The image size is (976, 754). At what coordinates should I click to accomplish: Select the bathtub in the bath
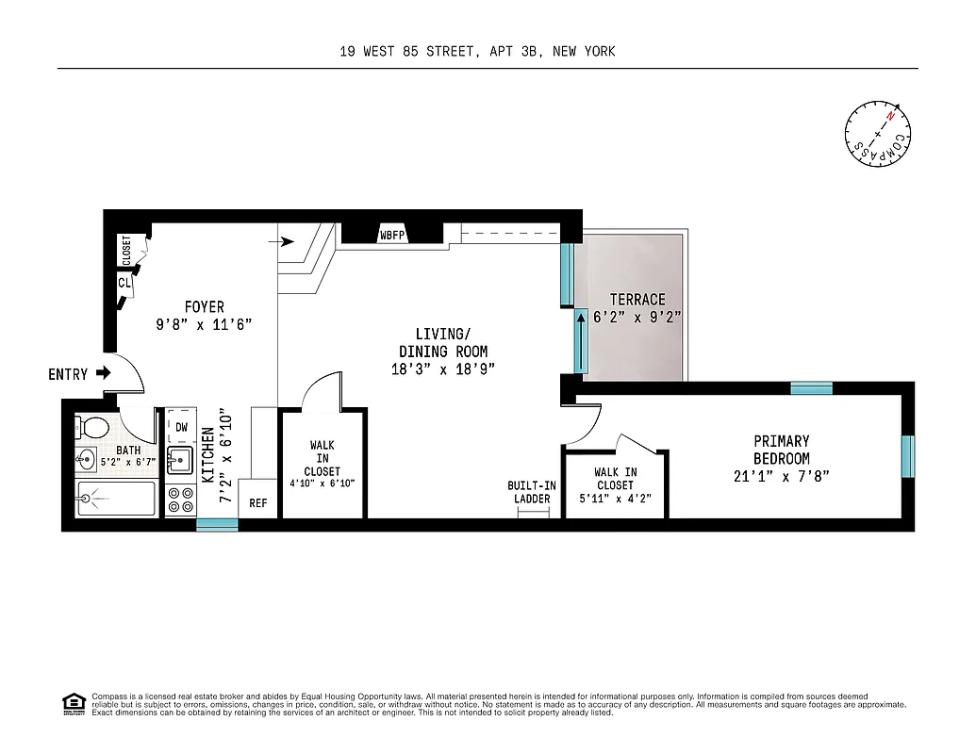point(115,499)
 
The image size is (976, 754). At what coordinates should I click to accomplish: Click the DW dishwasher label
point(181,427)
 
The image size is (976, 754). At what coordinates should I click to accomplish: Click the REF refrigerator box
point(257,503)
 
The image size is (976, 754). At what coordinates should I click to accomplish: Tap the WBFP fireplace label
point(392,235)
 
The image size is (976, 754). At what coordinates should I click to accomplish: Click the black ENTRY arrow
point(103,374)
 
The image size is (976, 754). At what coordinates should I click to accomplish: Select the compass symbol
point(878,135)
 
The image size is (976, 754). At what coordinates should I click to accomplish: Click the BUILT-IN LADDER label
point(532,492)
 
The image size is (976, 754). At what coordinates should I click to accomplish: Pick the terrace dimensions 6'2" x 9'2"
point(637,318)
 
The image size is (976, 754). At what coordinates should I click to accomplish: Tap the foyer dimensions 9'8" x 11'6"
point(204,323)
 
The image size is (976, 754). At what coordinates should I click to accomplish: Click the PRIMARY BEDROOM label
point(781,450)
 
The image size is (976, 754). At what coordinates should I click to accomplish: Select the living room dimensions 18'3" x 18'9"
point(442,369)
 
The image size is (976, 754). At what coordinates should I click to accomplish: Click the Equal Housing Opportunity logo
point(73,703)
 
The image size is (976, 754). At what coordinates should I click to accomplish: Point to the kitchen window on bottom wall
point(217,525)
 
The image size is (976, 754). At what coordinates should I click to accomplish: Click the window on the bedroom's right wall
point(907,456)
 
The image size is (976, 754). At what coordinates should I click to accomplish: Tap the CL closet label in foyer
point(124,282)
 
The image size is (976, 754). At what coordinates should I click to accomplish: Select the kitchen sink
point(179,461)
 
